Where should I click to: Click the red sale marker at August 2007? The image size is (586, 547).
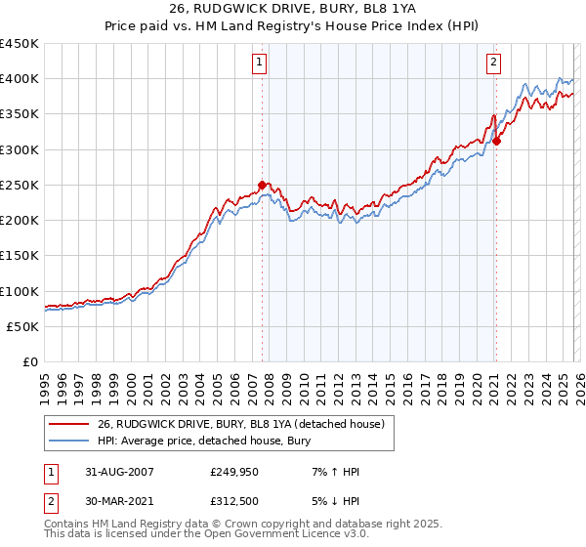coord(262,185)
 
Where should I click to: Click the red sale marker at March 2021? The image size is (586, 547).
coord(496,141)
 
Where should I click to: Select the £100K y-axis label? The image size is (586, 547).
coord(20,291)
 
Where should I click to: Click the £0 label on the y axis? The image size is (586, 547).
coord(29,362)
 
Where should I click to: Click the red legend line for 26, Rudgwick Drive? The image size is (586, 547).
coord(71,423)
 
